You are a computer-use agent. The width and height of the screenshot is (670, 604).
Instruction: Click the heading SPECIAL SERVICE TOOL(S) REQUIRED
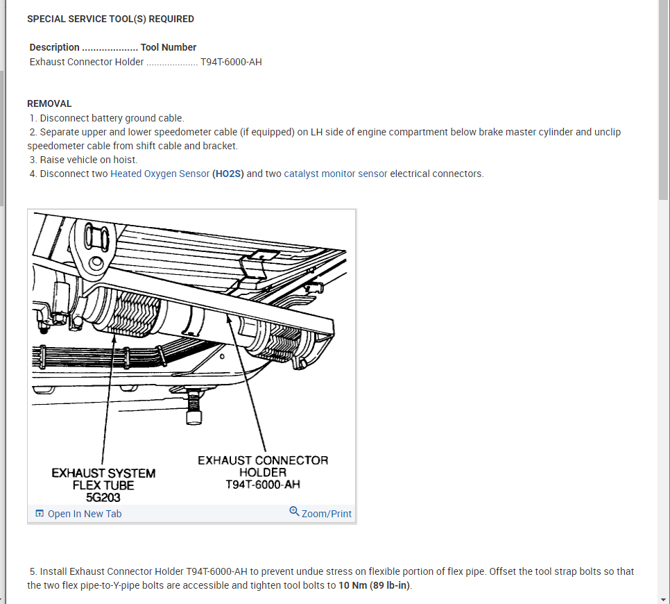[x=110, y=19]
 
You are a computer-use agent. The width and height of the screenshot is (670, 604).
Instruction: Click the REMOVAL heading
[x=49, y=103]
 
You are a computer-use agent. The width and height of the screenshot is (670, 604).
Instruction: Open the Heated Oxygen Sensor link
[x=160, y=174]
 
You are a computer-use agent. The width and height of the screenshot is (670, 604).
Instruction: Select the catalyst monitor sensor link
[x=336, y=174]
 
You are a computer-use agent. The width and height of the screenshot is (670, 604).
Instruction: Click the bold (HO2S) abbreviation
[x=228, y=174]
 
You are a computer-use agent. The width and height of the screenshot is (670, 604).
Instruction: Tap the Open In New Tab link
[x=84, y=514]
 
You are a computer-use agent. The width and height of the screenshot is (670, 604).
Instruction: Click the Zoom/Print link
[x=326, y=514]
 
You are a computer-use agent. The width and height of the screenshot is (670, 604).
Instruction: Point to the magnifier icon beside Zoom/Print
[x=294, y=512]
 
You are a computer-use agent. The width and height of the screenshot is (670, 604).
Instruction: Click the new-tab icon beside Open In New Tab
[x=40, y=514]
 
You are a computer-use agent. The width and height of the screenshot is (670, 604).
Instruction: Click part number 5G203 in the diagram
[x=103, y=497]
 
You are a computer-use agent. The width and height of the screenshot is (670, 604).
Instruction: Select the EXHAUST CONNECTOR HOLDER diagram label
[x=263, y=466]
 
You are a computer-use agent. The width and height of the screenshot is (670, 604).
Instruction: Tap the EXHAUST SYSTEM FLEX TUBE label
[x=103, y=479]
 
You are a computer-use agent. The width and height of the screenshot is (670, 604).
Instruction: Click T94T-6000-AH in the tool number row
[x=231, y=62]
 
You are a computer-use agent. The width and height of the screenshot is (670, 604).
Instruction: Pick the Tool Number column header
[x=169, y=47]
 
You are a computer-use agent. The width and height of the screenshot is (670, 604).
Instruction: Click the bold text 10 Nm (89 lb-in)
[x=375, y=585]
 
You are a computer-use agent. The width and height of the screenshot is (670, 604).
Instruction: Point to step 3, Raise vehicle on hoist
[x=83, y=160]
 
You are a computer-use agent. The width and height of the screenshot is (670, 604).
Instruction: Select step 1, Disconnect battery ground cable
[x=107, y=118]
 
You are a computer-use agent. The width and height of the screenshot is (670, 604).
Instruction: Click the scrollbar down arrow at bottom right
[x=663, y=598]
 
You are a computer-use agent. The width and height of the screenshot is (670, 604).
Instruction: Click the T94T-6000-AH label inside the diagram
[x=263, y=485]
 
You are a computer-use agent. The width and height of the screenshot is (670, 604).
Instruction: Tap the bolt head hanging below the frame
[x=194, y=417]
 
